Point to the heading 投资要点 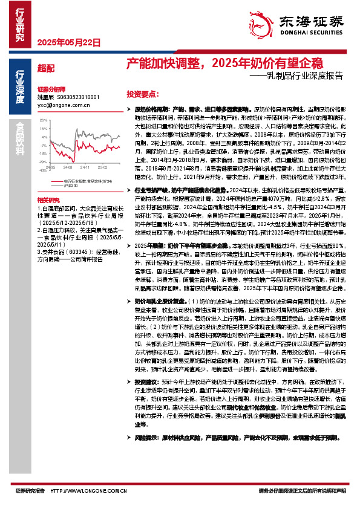point(142,95)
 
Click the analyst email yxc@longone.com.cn point(63,104)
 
